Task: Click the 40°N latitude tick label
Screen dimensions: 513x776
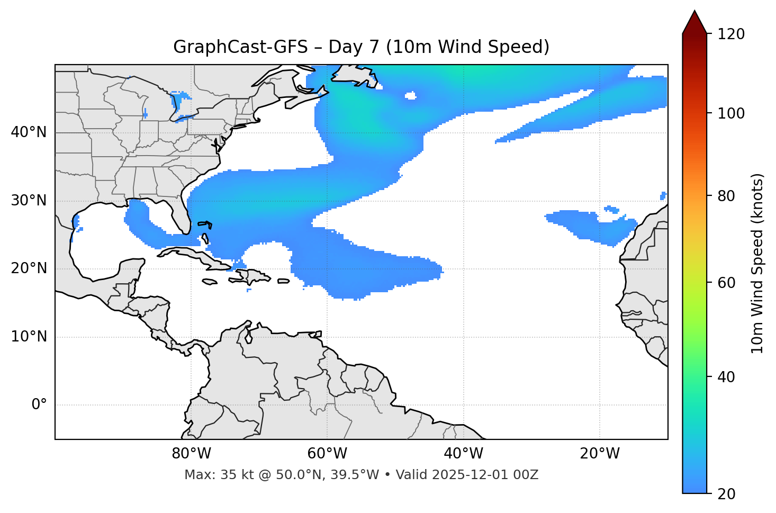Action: click(29, 132)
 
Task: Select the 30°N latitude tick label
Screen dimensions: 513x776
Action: click(29, 201)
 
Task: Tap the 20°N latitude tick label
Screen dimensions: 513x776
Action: click(29, 268)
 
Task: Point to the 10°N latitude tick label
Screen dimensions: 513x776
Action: click(29, 337)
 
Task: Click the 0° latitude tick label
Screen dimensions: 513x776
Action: click(39, 405)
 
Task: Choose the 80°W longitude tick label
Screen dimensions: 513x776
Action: click(191, 454)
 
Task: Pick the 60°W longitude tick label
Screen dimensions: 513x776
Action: click(327, 454)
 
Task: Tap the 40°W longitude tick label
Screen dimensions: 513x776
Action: click(463, 454)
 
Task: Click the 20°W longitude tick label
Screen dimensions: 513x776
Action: click(600, 454)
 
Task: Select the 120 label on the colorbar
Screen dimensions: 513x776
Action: click(731, 34)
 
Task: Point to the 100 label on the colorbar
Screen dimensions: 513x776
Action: click(731, 113)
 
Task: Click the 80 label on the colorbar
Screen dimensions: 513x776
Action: click(727, 196)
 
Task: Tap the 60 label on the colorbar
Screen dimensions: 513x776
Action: click(727, 283)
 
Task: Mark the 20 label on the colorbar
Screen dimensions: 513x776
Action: click(727, 494)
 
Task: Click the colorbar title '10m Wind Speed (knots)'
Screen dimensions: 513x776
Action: click(757, 263)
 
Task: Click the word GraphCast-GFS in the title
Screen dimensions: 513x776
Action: click(240, 47)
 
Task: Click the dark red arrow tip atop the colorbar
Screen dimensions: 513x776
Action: click(694, 20)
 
